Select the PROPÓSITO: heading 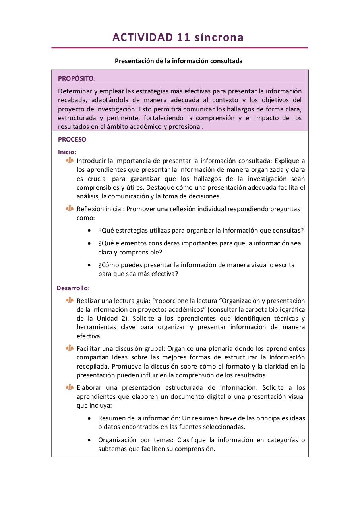pyautogui.click(x=77, y=78)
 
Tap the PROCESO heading pyautogui.click(x=72, y=140)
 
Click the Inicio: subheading pyautogui.click(x=67, y=152)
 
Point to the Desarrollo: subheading pyautogui.click(x=73, y=288)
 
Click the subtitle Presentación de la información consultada pyautogui.click(x=178, y=61)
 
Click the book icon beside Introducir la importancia pyautogui.click(x=70, y=160)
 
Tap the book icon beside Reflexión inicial pyautogui.click(x=70, y=208)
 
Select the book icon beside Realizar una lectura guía pyautogui.click(x=70, y=300)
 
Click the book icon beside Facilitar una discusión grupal pyautogui.click(x=70, y=348)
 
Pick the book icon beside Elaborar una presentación pyautogui.click(x=70, y=387)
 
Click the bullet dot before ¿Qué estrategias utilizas pyautogui.click(x=89, y=231)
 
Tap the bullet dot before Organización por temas pyautogui.click(x=89, y=440)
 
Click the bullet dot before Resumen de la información pyautogui.click(x=89, y=418)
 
